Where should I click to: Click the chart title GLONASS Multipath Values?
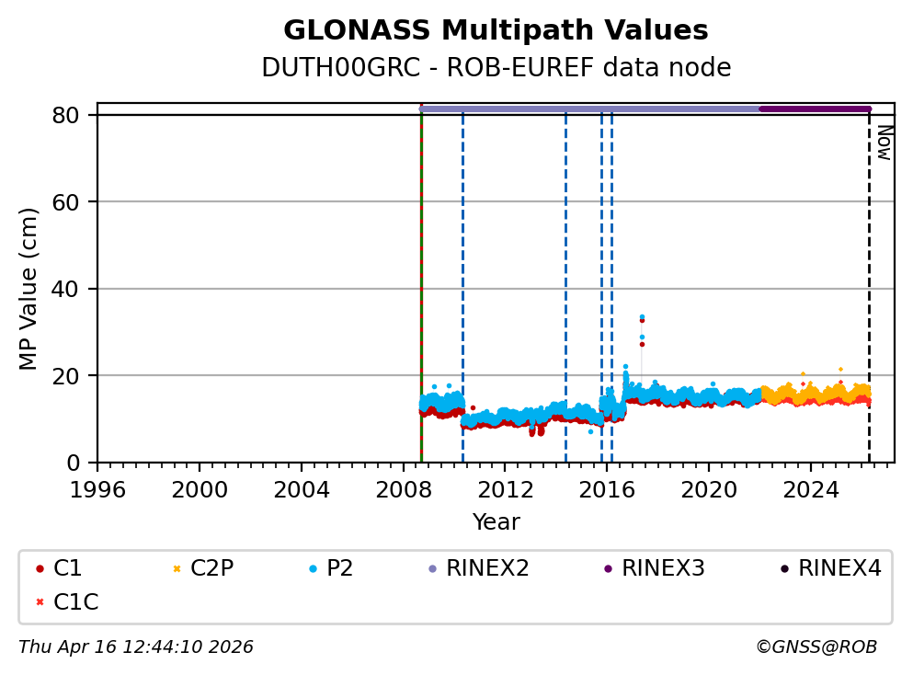pos(496,30)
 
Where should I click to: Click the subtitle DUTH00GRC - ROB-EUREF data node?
pos(496,68)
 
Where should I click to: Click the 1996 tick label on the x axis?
pos(98,489)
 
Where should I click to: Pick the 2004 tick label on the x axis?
pos(302,489)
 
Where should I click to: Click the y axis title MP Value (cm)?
pos(29,289)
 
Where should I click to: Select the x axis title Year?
pos(496,522)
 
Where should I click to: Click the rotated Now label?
pos(884,143)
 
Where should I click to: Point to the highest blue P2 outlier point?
pos(642,316)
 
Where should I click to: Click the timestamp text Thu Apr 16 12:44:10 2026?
pos(136,647)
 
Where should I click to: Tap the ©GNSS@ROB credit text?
pos(816,647)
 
